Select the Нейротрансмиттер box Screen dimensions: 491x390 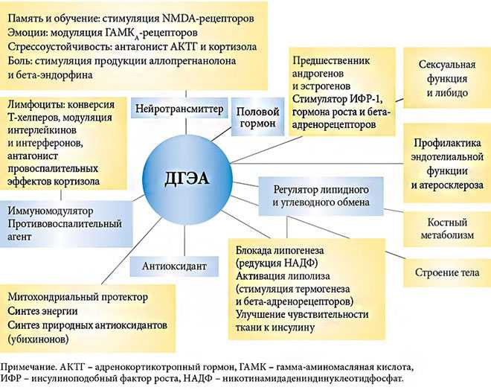click(179, 109)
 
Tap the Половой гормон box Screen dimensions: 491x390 click(257, 117)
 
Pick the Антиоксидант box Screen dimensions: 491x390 click(174, 266)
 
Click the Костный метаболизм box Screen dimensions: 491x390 click(447, 229)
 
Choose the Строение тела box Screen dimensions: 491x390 click(447, 272)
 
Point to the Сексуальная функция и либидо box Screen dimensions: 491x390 click(447, 78)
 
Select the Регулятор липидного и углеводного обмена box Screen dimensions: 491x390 click(321, 196)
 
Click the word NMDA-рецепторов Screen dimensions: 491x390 click(208, 19)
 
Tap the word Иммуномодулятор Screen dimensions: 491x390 click(51, 211)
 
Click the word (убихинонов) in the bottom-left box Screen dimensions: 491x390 click(38, 339)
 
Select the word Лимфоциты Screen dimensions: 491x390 click(34, 105)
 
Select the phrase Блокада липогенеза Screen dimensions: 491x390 click(280, 251)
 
